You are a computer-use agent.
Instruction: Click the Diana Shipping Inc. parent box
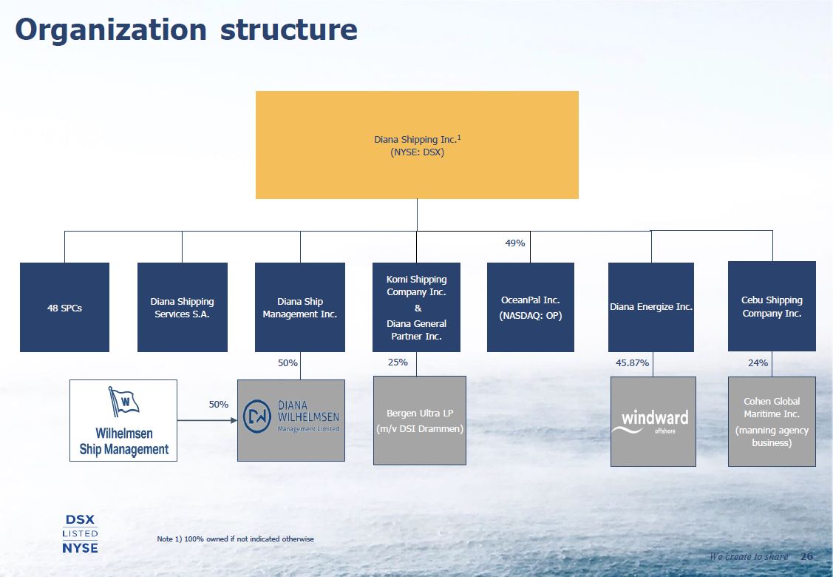point(417,145)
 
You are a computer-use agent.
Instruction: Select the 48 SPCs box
point(64,307)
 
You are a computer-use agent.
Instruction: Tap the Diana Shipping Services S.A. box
point(182,307)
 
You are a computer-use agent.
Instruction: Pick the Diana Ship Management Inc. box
point(299,307)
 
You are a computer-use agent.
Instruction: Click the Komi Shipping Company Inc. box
point(416,307)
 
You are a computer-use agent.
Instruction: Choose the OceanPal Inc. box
point(530,307)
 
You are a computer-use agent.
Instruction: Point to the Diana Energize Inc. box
point(650,307)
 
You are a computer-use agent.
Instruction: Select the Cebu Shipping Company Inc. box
point(772,306)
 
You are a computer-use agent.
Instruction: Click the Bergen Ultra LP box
point(419,420)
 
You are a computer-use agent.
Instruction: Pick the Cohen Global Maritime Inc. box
point(772,421)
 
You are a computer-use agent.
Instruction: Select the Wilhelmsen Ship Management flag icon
point(123,402)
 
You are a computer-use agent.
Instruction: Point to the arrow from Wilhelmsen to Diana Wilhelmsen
point(206,421)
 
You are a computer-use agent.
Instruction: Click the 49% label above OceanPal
point(515,243)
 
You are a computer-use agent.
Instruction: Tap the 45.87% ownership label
point(632,363)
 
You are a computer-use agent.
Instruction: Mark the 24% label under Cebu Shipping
point(758,363)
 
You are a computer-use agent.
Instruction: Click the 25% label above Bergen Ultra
point(398,362)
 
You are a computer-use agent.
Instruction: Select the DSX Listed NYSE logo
point(80,533)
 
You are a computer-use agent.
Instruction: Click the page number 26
point(806,556)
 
